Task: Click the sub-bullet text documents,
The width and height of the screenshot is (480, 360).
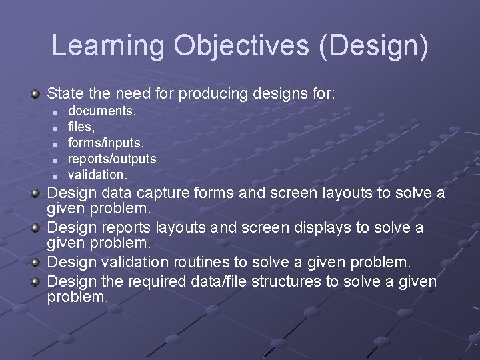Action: click(102, 111)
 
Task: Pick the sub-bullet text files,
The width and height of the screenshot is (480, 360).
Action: click(81, 127)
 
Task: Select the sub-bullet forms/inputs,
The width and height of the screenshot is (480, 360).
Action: click(106, 143)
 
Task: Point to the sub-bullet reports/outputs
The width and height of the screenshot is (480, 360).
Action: click(112, 159)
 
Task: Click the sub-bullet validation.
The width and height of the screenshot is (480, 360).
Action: click(97, 175)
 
